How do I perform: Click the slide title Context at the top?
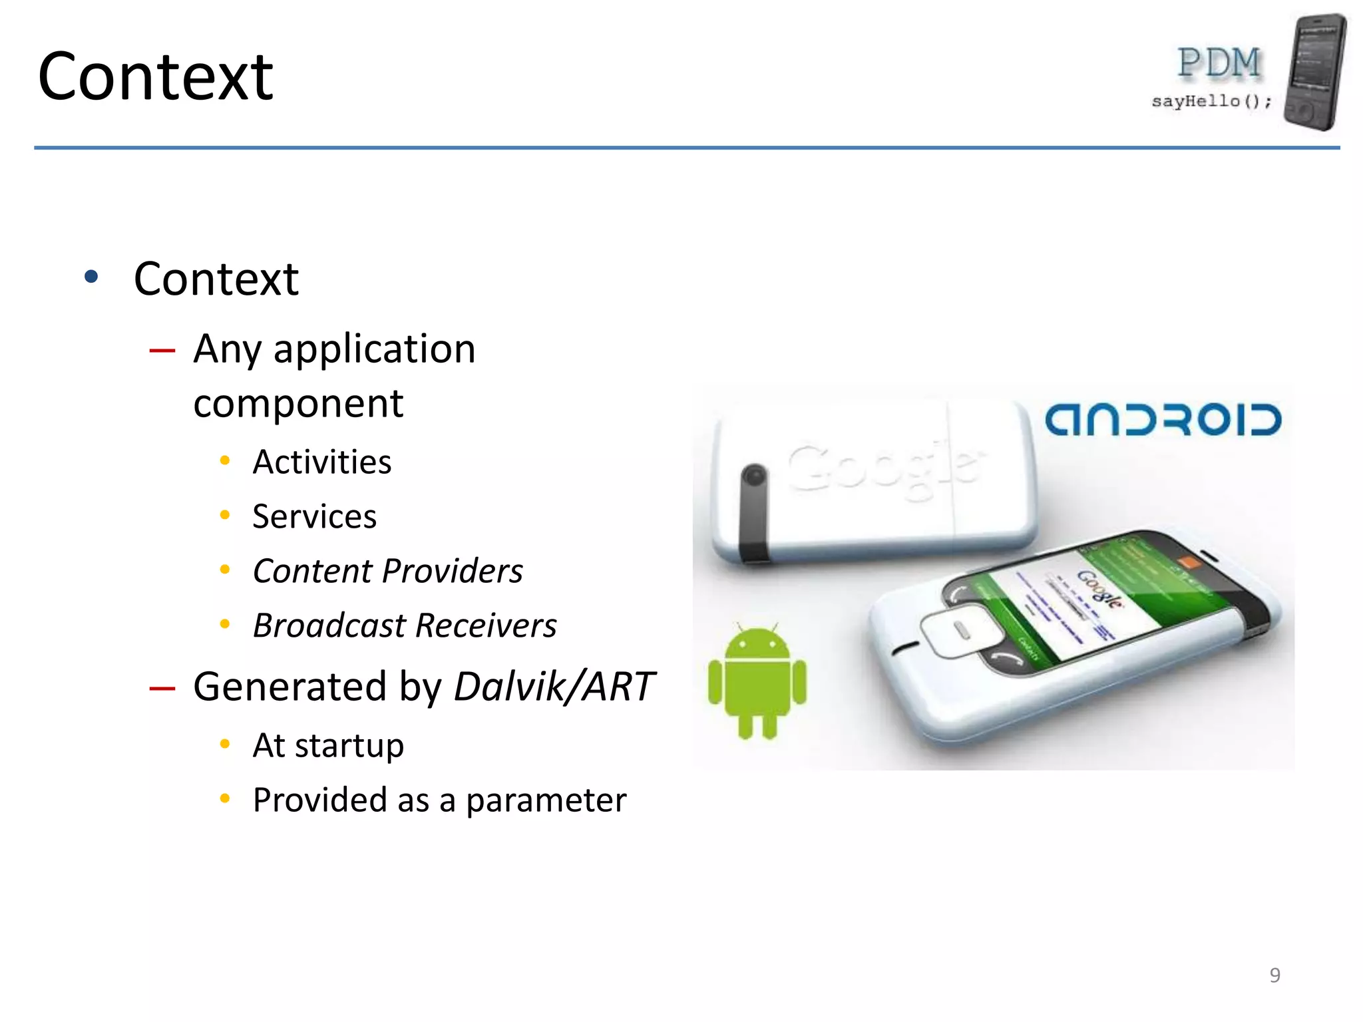[x=155, y=77]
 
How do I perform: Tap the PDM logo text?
[x=1219, y=63]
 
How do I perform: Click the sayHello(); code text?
[x=1211, y=101]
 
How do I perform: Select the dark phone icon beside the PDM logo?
[x=1314, y=72]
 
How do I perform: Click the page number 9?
[x=1274, y=975]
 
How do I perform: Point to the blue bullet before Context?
[x=91, y=277]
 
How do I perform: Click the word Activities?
[x=322, y=462]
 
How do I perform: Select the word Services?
[x=314, y=516]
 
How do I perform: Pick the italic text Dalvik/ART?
[x=554, y=686]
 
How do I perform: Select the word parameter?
[x=546, y=800]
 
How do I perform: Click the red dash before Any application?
[x=162, y=350]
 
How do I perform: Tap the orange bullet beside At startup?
[x=225, y=744]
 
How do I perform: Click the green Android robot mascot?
[x=757, y=682]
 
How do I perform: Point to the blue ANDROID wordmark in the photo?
[x=1163, y=420]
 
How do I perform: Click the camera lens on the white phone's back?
[x=754, y=475]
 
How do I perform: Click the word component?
[x=298, y=403]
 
